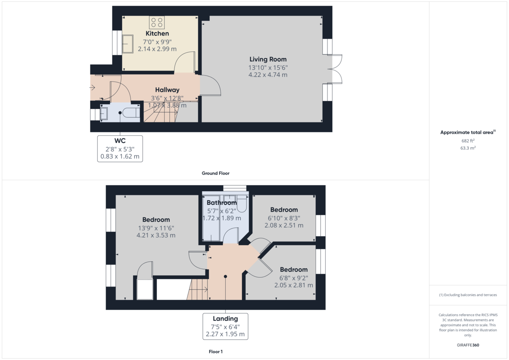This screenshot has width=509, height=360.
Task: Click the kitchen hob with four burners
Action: (157, 22)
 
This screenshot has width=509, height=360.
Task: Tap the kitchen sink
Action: (128, 44)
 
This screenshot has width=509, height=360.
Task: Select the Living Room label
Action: (268, 59)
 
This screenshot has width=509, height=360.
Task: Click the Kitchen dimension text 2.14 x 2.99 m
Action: (157, 49)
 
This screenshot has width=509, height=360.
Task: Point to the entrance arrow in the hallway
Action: (92, 87)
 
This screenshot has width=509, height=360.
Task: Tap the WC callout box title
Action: (120, 141)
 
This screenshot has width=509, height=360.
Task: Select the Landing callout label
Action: (225, 319)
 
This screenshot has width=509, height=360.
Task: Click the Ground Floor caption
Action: (215, 173)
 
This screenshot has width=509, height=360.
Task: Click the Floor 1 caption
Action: (215, 352)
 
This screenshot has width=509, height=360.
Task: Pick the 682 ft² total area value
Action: (468, 141)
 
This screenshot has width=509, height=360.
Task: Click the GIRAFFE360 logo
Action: (468, 345)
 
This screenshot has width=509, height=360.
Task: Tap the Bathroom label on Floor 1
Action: (221, 203)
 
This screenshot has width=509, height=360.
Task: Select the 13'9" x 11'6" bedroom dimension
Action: (156, 228)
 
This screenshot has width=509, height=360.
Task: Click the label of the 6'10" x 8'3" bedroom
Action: (284, 209)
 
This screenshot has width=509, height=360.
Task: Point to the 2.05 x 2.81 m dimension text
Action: (294, 285)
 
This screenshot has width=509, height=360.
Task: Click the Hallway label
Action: (167, 90)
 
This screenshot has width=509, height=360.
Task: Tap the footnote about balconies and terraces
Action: (468, 295)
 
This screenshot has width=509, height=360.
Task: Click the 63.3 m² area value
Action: (468, 148)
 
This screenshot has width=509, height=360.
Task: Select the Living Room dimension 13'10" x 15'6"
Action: (268, 68)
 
